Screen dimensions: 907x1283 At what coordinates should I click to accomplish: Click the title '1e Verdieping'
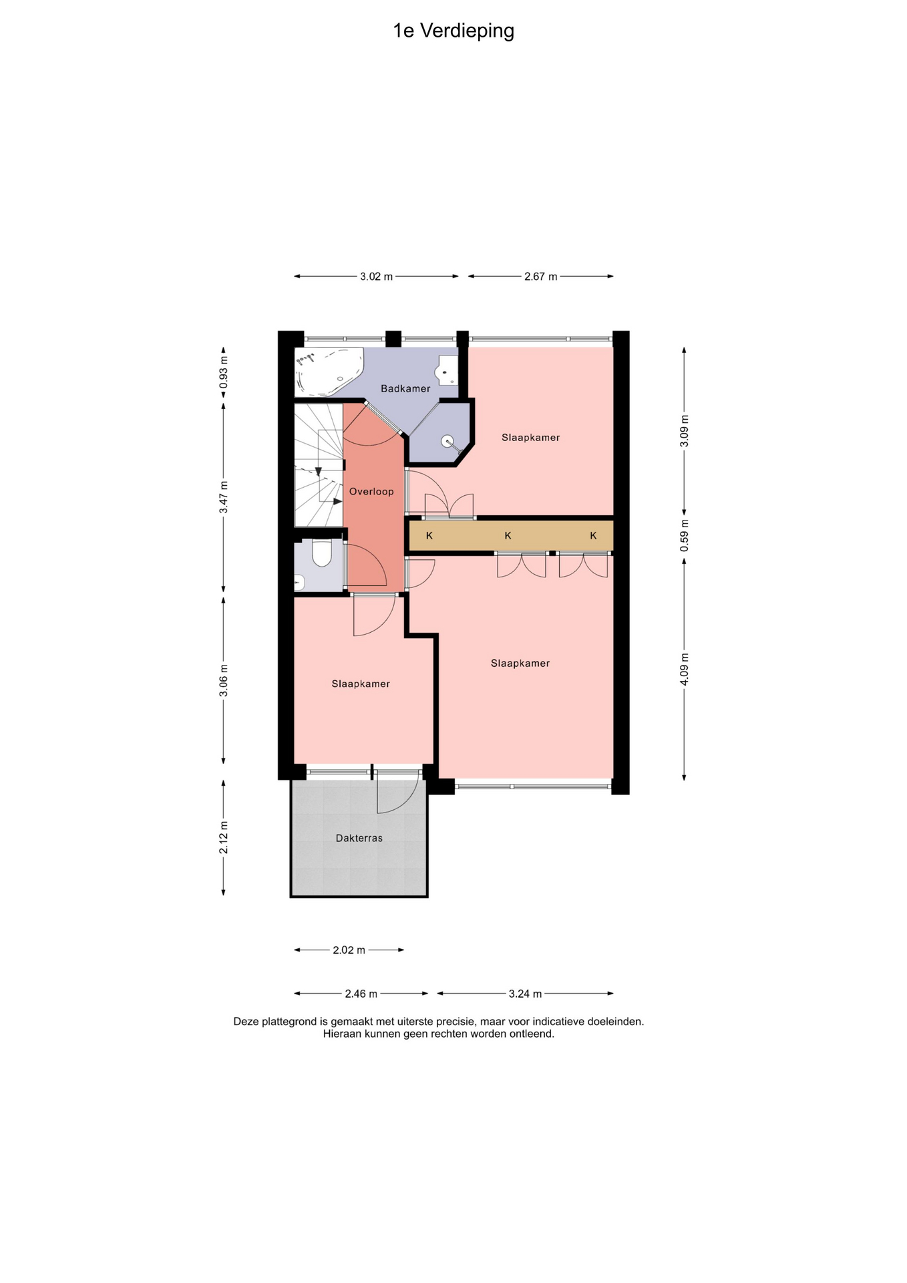click(x=453, y=31)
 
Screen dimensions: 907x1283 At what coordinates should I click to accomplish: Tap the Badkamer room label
click(x=405, y=388)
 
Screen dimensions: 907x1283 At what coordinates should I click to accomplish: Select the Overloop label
click(x=371, y=491)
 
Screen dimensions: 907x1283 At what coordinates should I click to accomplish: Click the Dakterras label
click(x=359, y=838)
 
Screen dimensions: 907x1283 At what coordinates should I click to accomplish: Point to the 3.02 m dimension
click(x=377, y=276)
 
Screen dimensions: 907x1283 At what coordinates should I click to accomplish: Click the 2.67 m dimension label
click(x=541, y=276)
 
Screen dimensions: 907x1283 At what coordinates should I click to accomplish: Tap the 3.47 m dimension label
click(x=224, y=497)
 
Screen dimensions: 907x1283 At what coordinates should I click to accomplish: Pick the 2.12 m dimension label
click(x=224, y=837)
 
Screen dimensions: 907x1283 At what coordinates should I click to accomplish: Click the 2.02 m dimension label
click(x=349, y=950)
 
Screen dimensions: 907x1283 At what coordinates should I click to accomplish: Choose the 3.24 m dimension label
click(x=526, y=994)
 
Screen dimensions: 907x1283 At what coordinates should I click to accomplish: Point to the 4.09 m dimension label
click(x=684, y=669)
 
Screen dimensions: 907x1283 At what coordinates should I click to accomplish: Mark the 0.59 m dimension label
click(x=684, y=536)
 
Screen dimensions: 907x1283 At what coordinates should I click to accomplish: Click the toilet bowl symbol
click(x=322, y=553)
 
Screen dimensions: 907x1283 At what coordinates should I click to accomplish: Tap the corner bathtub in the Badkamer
click(x=329, y=372)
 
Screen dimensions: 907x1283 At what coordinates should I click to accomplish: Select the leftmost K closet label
click(x=429, y=535)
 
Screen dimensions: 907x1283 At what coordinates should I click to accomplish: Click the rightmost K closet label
click(x=593, y=535)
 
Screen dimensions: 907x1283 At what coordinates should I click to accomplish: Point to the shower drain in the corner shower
click(x=447, y=440)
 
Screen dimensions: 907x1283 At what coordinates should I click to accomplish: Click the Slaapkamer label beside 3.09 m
click(x=531, y=437)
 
